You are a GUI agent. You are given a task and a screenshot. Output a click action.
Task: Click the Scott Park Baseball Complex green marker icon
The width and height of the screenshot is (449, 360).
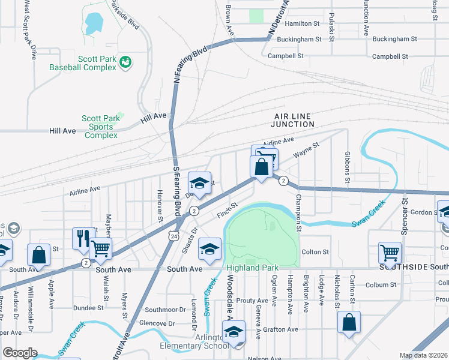tap(125, 62)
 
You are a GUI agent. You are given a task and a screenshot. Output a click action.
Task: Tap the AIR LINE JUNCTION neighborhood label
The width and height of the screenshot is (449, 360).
tap(294, 120)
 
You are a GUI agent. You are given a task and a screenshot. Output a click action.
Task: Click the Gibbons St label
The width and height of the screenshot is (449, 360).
tap(347, 172)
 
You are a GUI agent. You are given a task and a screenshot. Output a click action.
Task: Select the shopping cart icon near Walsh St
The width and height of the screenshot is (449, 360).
tap(101, 247)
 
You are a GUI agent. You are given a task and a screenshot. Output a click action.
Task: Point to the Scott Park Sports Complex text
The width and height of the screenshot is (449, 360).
tap(98, 127)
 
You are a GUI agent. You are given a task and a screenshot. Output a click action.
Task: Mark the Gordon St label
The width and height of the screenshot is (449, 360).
tap(423, 212)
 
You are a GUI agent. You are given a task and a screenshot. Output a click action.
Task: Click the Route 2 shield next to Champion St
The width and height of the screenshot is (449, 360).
tap(284, 181)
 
